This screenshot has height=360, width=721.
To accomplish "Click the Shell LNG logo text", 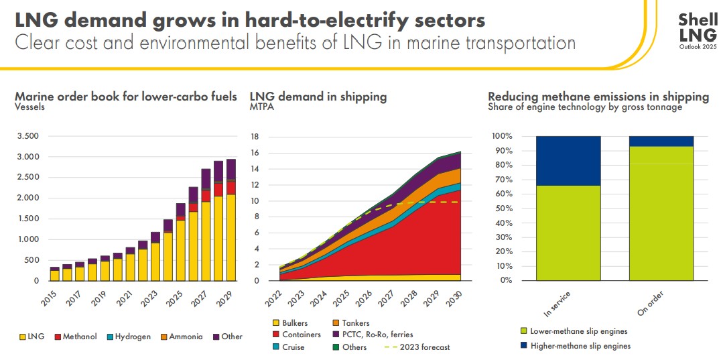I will pyautogui.click(x=698, y=27).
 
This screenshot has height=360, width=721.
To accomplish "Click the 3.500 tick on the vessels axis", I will pyautogui.click(x=27, y=136).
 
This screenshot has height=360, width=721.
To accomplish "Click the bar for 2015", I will pyautogui.click(x=54, y=274).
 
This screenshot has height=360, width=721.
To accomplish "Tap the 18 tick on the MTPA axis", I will pyautogui.click(x=254, y=136).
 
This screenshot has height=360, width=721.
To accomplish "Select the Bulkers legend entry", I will pyautogui.click(x=294, y=323).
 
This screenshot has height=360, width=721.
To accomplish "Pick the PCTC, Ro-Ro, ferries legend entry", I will pyautogui.click(x=377, y=335).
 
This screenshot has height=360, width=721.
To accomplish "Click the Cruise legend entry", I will pyautogui.click(x=292, y=347).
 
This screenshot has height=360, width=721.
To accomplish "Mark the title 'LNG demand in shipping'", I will pyautogui.click(x=318, y=97).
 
